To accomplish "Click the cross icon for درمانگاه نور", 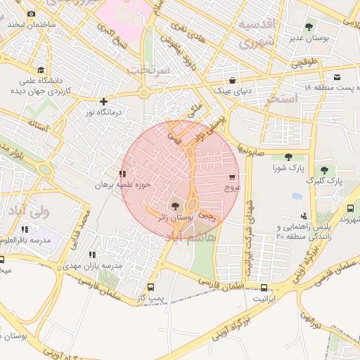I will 103,101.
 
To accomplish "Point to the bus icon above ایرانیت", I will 264,288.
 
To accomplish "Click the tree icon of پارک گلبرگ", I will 324,169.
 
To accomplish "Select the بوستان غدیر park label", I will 307,37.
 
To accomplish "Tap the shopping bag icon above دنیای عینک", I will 232,80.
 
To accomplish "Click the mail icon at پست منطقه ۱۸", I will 337,77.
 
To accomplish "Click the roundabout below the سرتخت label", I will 143,93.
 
